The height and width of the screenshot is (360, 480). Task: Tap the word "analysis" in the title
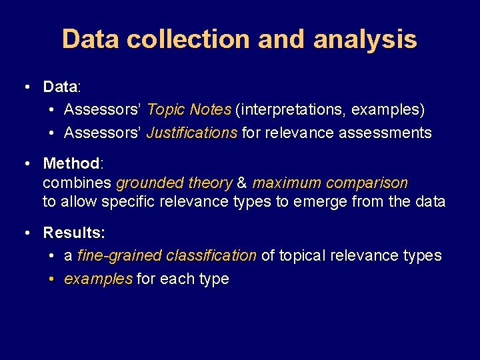coord(365,39)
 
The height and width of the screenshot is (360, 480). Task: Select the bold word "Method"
coord(71,163)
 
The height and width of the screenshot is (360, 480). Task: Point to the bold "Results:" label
coord(74,233)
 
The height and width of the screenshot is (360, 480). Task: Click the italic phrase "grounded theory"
coord(174,183)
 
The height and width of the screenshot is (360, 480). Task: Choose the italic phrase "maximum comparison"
coord(329,183)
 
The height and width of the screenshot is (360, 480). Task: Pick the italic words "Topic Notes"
coord(189,109)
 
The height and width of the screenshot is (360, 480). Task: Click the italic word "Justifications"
coord(191,133)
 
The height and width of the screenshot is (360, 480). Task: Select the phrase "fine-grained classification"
coord(167,255)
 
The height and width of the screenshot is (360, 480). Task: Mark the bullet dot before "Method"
coord(25,163)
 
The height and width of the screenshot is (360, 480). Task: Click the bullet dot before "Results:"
coord(25,233)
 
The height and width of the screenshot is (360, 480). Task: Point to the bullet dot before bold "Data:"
coord(25,87)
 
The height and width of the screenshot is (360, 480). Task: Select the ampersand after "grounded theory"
coord(242,183)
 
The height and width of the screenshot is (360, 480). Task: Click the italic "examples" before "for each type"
coord(98,279)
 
